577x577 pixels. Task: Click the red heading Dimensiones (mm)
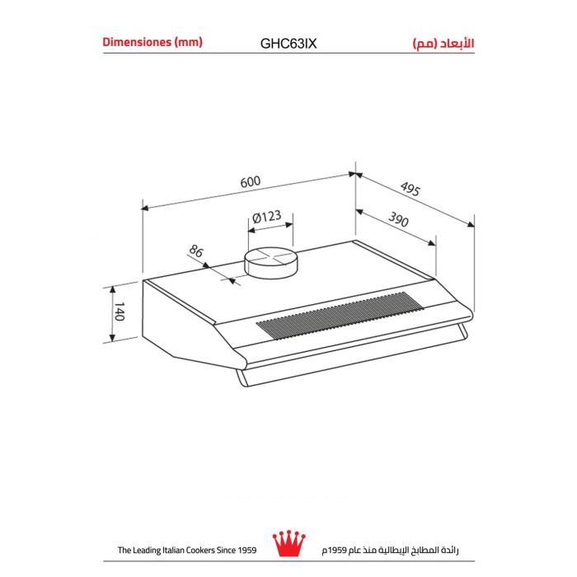(152, 41)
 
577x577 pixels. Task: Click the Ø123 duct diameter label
(266, 218)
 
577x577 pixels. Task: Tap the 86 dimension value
(196, 251)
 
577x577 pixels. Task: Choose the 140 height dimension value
(119, 312)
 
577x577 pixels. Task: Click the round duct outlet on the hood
(269, 261)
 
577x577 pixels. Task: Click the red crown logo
(289, 543)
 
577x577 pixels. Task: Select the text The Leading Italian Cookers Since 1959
(188, 550)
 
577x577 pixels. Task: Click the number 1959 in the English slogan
(245, 550)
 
